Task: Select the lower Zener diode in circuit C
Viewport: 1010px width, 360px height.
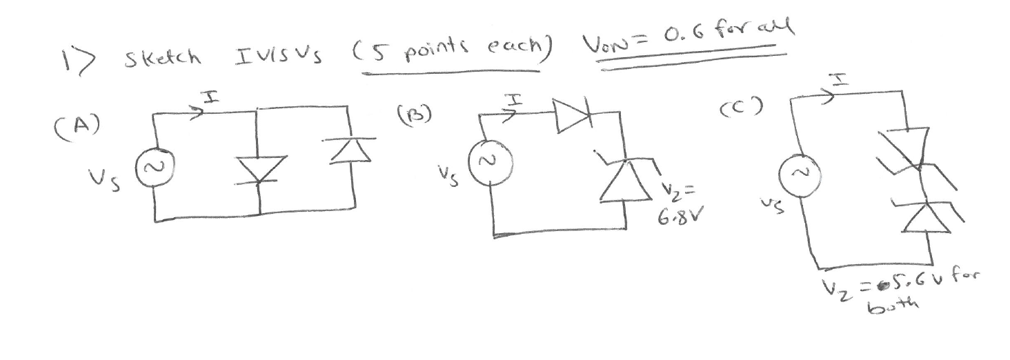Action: tap(921, 217)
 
